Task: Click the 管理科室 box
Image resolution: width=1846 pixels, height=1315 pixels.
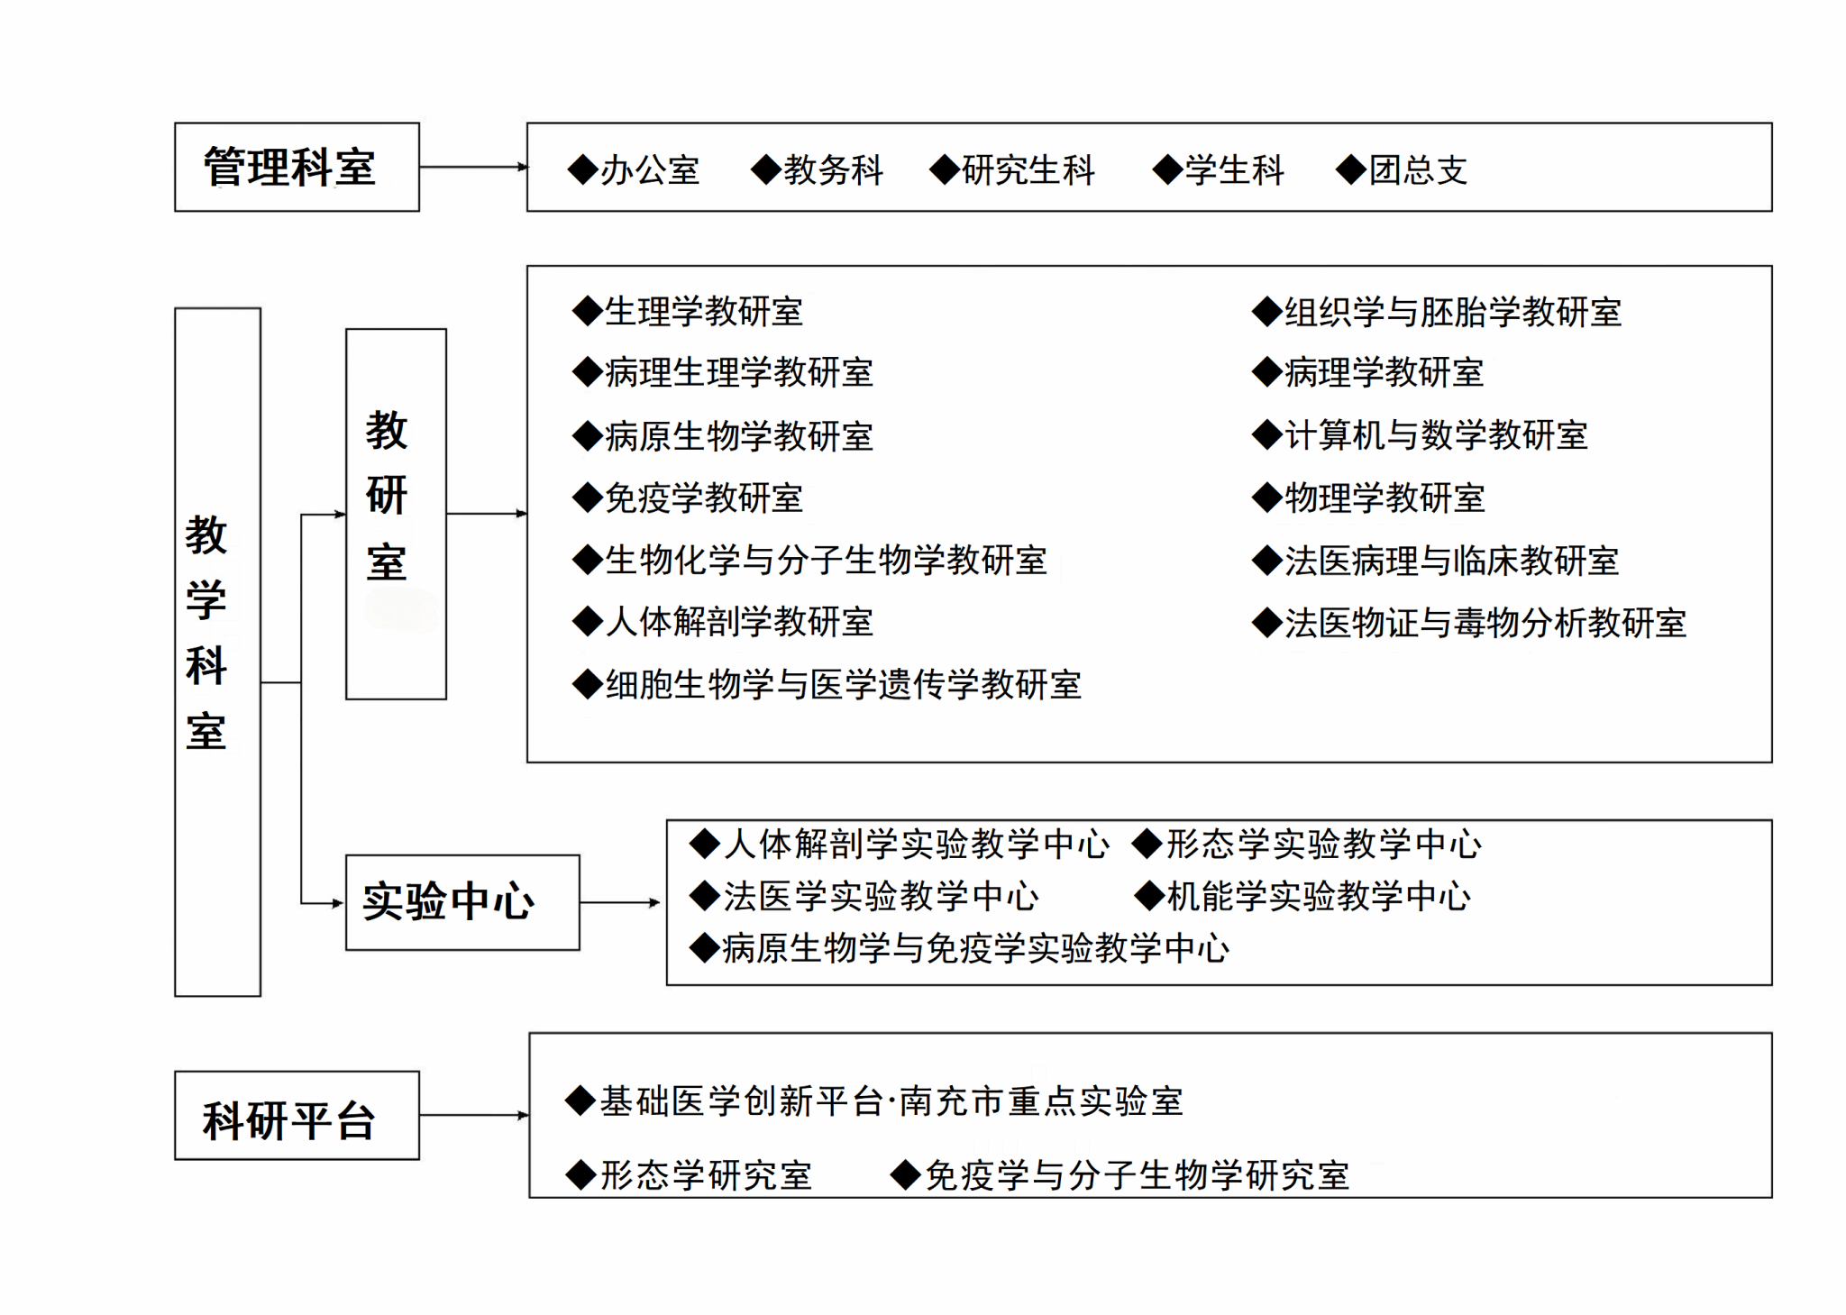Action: (x=297, y=168)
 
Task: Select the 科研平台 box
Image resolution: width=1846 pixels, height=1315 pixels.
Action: (x=297, y=1116)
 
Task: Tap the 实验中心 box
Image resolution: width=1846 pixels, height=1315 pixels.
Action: (x=462, y=902)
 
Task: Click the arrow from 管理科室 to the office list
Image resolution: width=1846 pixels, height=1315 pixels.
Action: (x=473, y=167)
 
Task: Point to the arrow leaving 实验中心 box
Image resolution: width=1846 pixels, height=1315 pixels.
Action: (x=620, y=902)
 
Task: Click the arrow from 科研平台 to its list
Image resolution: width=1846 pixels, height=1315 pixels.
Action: (x=474, y=1116)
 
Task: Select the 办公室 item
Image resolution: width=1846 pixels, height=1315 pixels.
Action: (x=649, y=170)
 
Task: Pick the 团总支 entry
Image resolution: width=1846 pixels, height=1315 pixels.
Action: (x=1418, y=170)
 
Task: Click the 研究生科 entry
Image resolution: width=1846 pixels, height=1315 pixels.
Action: (x=1028, y=170)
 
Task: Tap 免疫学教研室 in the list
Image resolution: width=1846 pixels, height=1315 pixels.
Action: (x=703, y=498)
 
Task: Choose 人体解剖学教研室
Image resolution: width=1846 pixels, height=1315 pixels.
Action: (x=739, y=622)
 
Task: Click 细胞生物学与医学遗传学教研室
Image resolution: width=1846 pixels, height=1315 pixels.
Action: (x=843, y=685)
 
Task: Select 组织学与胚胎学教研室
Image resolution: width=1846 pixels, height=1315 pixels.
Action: (x=1452, y=313)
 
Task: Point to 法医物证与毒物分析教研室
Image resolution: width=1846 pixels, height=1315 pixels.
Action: (x=1485, y=623)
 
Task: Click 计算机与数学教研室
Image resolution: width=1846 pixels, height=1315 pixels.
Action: (x=1435, y=436)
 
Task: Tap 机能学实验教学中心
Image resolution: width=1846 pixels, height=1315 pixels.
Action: (x=1318, y=897)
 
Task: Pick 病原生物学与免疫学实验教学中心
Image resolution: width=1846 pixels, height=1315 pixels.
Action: (x=975, y=949)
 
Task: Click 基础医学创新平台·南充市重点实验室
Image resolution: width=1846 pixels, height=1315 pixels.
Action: (x=891, y=1101)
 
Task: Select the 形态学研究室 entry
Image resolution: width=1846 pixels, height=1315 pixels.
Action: (x=706, y=1175)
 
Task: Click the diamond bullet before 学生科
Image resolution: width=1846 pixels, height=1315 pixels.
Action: (x=1167, y=169)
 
